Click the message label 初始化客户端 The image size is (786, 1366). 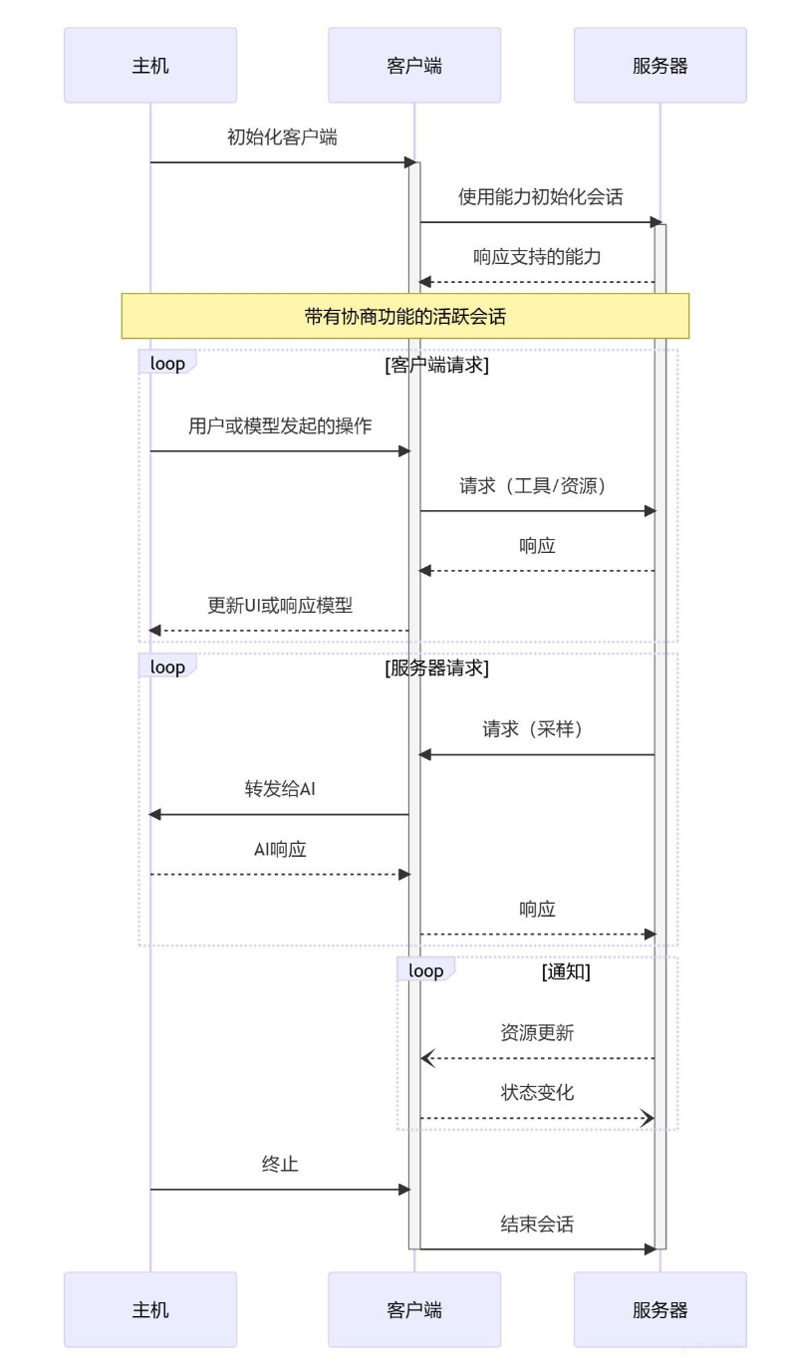click(282, 137)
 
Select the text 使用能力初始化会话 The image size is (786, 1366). click(540, 196)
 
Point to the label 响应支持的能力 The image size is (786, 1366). click(537, 256)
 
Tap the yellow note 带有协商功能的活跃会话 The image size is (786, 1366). click(405, 317)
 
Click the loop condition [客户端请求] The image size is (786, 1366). click(436, 365)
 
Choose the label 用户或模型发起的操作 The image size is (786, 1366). click(280, 426)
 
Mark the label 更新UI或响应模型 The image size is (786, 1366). click(280, 605)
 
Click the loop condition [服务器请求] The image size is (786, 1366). click(436, 669)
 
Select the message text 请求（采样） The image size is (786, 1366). click(537, 729)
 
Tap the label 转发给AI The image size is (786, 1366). click(280, 789)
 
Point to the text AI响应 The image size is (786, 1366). click(280, 849)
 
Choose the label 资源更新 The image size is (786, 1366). click(537, 1033)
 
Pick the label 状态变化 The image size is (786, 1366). click(537, 1092)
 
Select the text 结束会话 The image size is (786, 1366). click(537, 1225)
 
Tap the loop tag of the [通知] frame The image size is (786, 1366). click(426, 971)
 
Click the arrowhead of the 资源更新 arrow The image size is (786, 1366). click(426, 1058)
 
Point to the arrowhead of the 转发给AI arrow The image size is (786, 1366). click(154, 815)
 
